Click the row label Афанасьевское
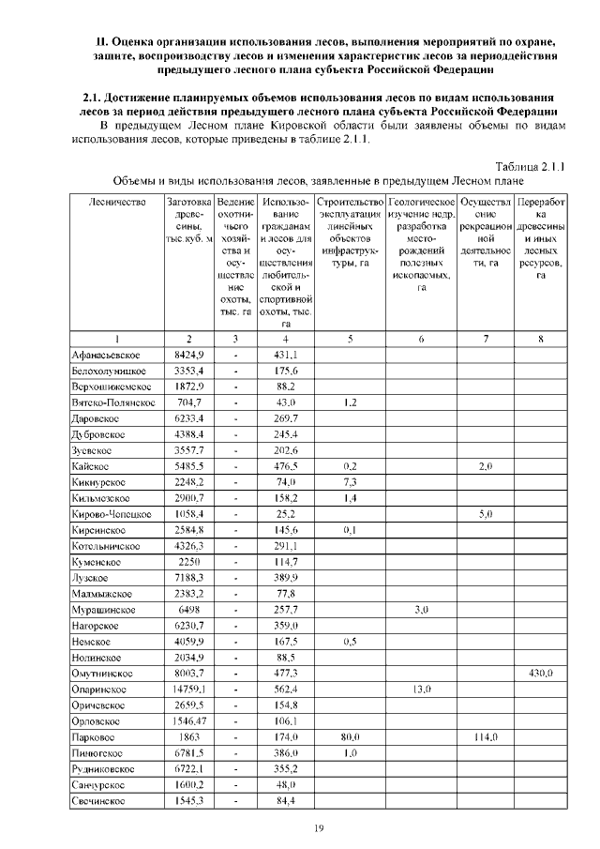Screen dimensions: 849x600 (x=106, y=356)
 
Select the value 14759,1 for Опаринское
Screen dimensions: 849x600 (x=189, y=690)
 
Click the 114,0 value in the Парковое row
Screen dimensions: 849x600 (x=486, y=737)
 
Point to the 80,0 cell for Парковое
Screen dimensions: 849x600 (x=350, y=737)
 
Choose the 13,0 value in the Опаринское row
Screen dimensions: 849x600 (x=421, y=690)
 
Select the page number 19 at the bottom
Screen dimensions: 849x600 (x=317, y=826)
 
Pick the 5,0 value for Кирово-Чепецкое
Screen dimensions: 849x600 (x=486, y=514)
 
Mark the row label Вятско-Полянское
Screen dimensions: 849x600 (x=112, y=403)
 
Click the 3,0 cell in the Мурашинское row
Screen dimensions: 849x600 (x=421, y=610)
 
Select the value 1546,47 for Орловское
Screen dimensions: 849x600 (x=189, y=721)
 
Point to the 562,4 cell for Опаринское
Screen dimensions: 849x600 (x=285, y=690)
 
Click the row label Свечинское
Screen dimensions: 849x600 (x=99, y=801)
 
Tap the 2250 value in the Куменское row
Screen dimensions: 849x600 (x=189, y=562)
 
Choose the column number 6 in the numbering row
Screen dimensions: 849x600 (x=421, y=339)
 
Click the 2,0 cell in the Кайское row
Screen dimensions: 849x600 (x=486, y=466)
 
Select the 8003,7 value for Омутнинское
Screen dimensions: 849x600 (x=189, y=674)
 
